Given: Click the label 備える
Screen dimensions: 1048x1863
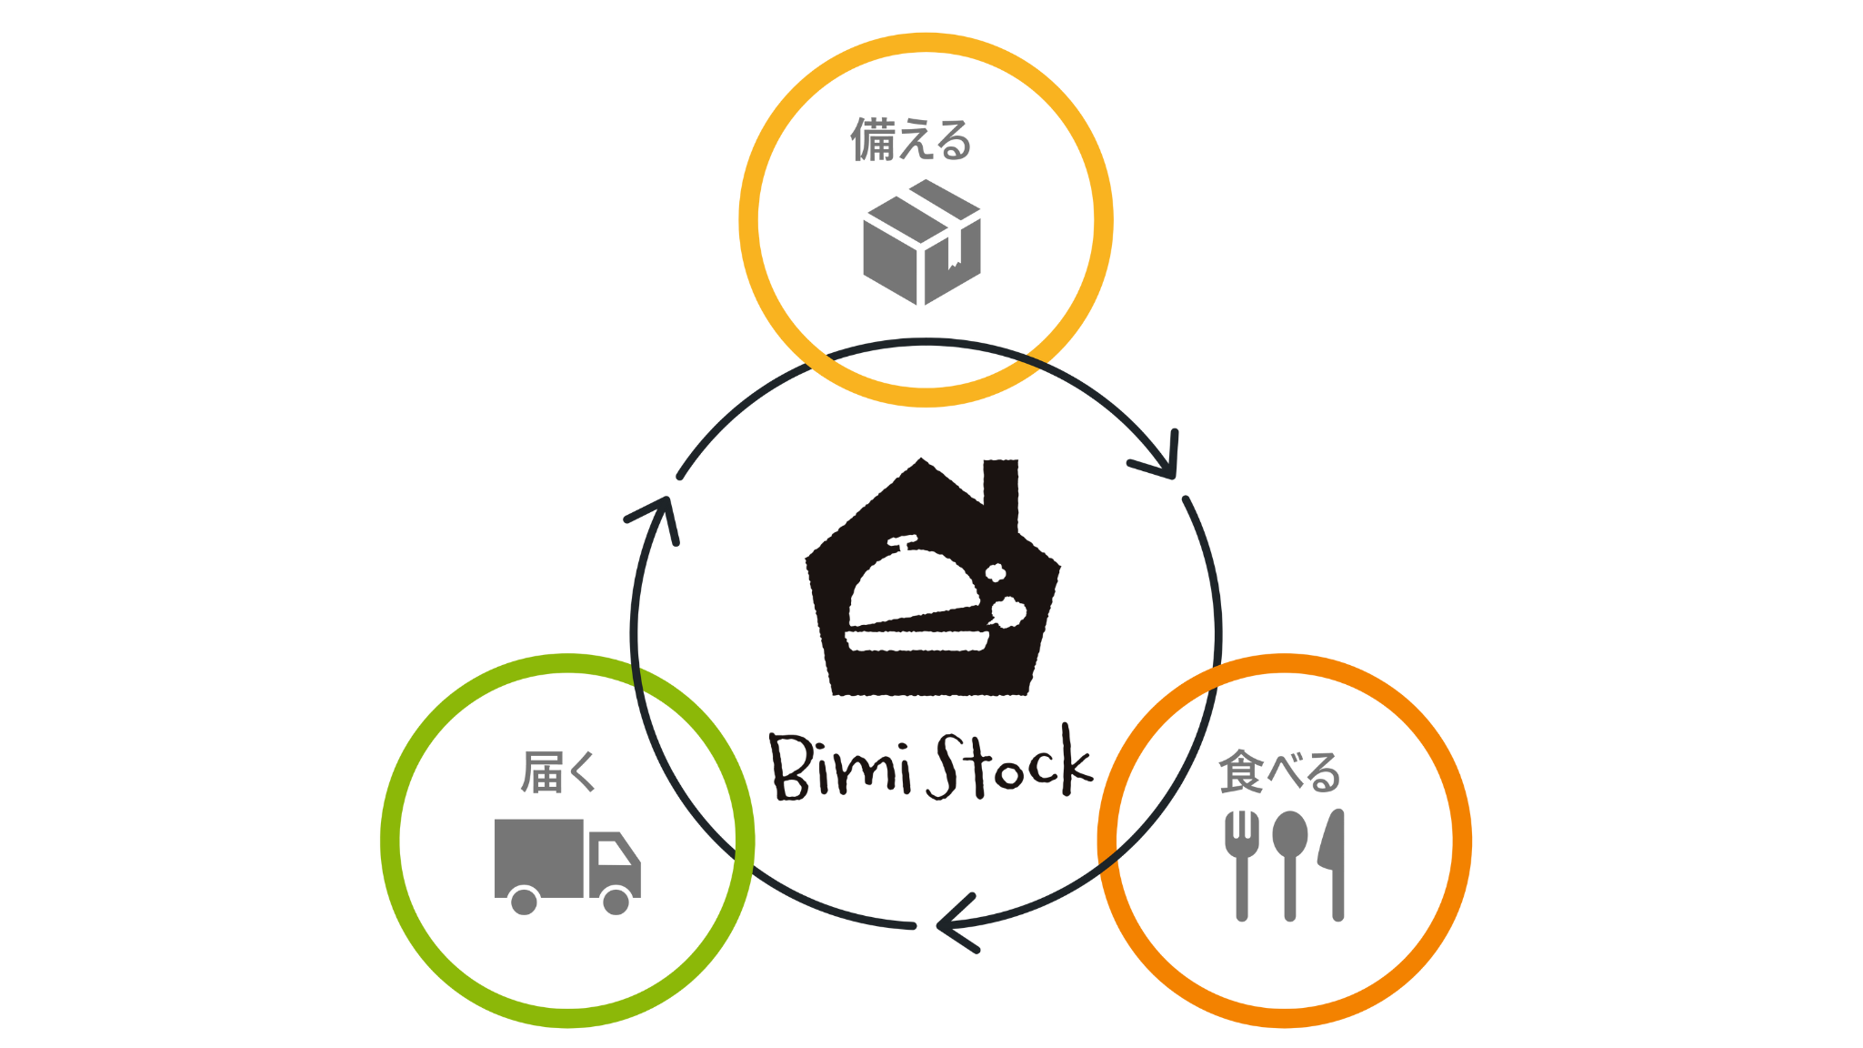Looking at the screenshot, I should coord(911,140).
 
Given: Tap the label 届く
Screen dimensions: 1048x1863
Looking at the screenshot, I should coord(558,772).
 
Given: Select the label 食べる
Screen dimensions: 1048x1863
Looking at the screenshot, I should coord(1279,772).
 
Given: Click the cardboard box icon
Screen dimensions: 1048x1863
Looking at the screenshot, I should coord(921,243).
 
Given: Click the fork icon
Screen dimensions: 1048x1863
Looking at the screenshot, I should coord(1241,864).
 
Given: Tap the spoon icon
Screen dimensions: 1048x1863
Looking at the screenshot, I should coord(1289,864).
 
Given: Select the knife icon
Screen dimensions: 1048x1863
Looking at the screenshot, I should coord(1334,864).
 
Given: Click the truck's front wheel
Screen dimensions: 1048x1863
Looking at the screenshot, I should coord(616,902).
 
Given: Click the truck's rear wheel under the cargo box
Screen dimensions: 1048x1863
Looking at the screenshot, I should coord(524,902).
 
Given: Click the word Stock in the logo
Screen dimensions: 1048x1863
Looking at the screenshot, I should coord(1009,766).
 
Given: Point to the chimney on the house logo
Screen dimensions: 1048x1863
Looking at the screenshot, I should coord(1000,491).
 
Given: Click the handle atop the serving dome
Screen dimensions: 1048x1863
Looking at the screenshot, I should coord(902,542).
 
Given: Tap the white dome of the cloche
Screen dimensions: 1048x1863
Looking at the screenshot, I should coord(909,588).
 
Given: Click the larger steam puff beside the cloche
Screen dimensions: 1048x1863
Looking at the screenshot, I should coord(1007,612).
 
